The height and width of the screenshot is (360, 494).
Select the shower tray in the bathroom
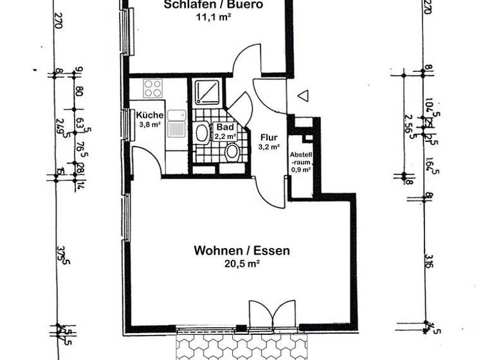[207, 92]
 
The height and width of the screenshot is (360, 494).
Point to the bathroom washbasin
[202, 133]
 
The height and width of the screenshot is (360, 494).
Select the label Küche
[149, 115]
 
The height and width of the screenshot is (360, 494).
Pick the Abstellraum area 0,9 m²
[300, 170]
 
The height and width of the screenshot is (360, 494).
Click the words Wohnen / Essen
[241, 251]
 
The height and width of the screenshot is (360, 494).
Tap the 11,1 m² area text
[214, 17]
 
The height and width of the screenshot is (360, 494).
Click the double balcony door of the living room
[275, 316]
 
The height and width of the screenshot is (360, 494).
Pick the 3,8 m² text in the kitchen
[149, 125]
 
